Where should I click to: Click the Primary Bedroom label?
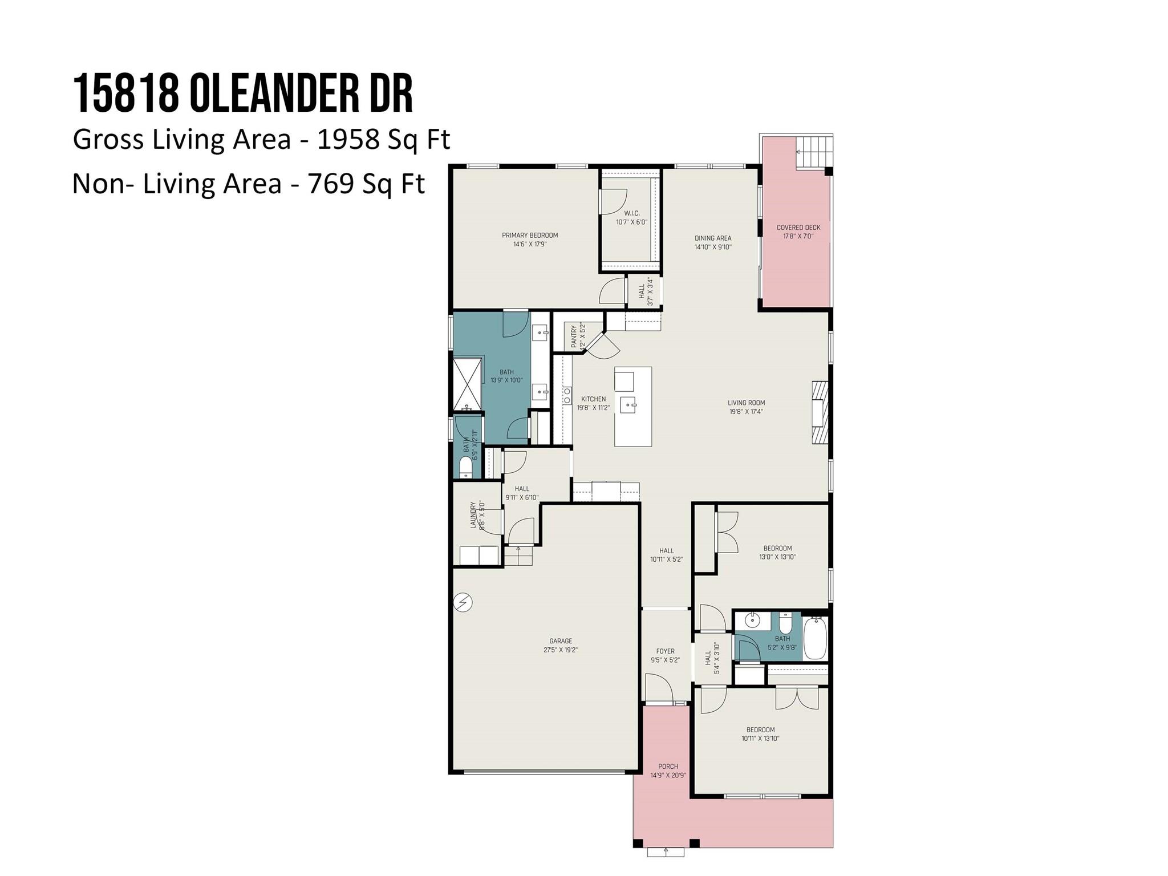[x=530, y=235]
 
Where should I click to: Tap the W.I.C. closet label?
[x=631, y=213]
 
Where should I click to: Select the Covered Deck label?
[x=798, y=228]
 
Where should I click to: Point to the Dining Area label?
[x=713, y=238]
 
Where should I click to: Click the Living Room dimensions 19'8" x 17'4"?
[x=746, y=412]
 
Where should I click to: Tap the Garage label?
[x=561, y=641]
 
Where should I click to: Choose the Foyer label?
[x=665, y=651]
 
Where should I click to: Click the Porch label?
[x=668, y=766]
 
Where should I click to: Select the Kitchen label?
[x=593, y=399]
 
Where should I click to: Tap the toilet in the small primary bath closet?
[x=466, y=467]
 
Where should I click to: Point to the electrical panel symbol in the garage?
[x=463, y=602]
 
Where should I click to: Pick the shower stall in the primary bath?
[x=468, y=383]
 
